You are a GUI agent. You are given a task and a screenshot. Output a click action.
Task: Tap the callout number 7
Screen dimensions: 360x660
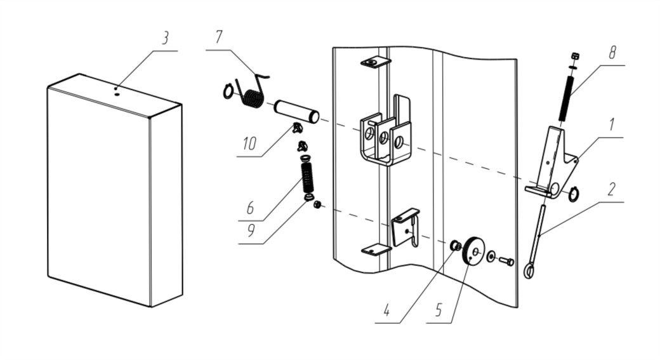(218, 37)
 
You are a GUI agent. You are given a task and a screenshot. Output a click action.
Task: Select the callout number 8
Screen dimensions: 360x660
(612, 53)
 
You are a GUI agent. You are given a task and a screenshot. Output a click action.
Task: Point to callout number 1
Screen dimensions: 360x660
(611, 125)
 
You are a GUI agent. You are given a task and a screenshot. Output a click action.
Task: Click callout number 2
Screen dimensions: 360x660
(611, 189)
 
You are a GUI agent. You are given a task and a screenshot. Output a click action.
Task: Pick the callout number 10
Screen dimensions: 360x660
(249, 144)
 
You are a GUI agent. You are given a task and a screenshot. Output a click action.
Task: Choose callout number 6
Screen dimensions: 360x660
(250, 208)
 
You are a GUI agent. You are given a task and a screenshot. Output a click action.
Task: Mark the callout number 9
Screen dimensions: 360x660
(251, 230)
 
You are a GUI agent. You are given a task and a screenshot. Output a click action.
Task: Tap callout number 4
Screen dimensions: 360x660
(386, 311)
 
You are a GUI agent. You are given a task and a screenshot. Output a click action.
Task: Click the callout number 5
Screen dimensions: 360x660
(438, 311)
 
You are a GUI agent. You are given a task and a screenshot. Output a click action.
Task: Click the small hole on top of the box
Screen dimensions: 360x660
(116, 90)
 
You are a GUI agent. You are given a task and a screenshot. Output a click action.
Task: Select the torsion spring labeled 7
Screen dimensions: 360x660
(252, 97)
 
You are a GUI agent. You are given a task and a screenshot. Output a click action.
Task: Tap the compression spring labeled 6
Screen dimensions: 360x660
(307, 178)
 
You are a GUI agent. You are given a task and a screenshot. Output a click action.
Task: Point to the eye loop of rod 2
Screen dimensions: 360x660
(528, 272)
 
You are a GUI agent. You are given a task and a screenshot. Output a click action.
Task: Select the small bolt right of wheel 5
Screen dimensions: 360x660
(506, 260)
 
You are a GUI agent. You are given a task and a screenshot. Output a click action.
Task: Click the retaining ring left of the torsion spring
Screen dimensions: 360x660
(228, 93)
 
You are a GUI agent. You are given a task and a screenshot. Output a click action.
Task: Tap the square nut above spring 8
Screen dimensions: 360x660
(573, 56)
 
